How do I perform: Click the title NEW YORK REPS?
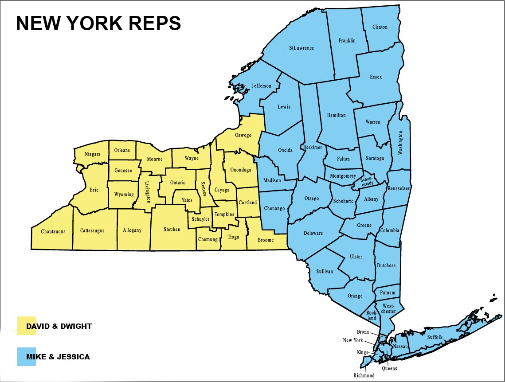(x=98, y=23)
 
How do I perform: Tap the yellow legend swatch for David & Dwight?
(x=27, y=326)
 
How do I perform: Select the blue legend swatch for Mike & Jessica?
(x=27, y=357)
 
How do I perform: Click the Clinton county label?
(x=380, y=27)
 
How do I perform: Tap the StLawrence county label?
(x=301, y=48)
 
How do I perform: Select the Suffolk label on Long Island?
(x=435, y=338)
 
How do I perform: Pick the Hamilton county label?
(x=336, y=115)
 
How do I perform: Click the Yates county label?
(x=187, y=200)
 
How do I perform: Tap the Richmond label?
(x=364, y=376)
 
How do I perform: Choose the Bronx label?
(x=363, y=331)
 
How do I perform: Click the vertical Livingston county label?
(x=148, y=192)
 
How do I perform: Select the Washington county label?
(x=400, y=143)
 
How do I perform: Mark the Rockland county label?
(x=372, y=316)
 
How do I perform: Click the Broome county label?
(x=266, y=240)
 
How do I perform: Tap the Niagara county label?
(x=93, y=154)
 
